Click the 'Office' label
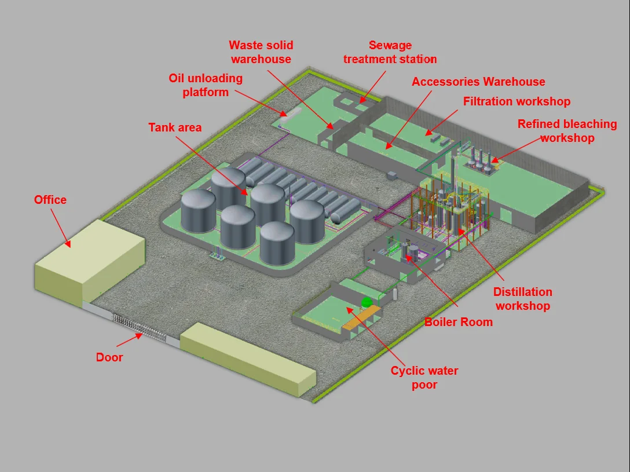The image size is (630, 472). [x=50, y=200]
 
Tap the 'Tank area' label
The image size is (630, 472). [x=175, y=127]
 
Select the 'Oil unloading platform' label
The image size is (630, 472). [x=206, y=85]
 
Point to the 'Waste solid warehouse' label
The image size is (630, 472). [x=261, y=52]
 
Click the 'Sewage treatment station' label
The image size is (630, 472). [x=390, y=52]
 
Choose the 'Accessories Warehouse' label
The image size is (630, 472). [x=478, y=82]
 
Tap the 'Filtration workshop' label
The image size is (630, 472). [x=517, y=102]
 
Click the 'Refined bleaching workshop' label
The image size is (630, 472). [x=567, y=131]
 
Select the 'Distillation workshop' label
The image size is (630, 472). [x=522, y=299]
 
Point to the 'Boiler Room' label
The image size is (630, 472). [x=459, y=322]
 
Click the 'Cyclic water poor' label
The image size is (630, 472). [x=424, y=378]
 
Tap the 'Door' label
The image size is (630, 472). [x=109, y=357]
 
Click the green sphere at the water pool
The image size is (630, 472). [x=366, y=302]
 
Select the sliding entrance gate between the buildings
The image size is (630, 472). [x=139, y=328]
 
